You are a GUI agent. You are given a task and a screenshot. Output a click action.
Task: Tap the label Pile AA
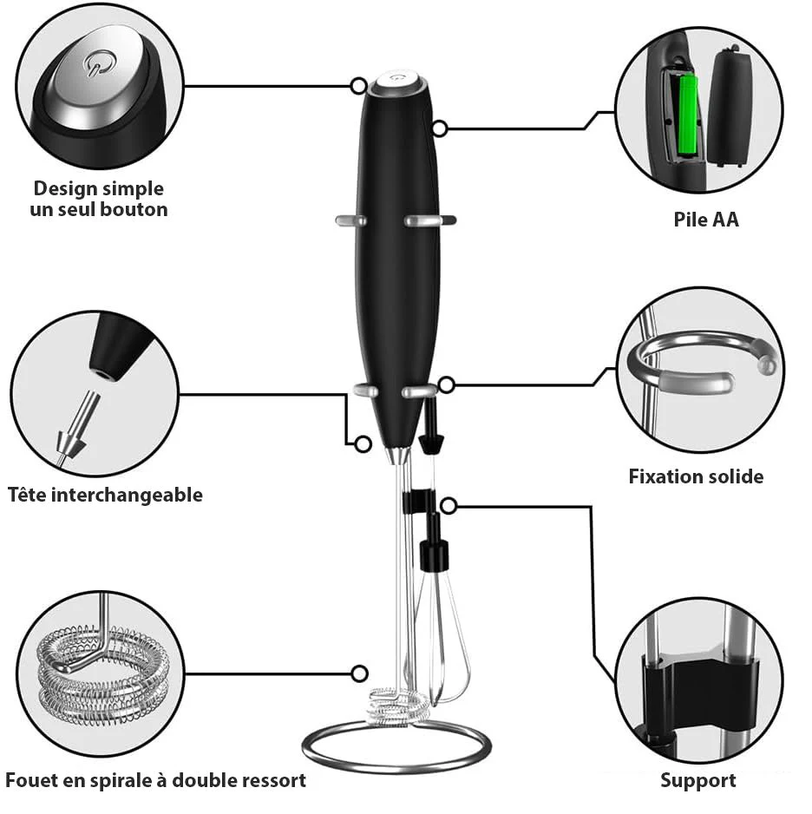click(705, 219)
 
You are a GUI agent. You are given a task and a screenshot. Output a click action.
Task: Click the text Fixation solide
click(696, 476)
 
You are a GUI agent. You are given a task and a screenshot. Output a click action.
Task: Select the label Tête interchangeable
click(105, 495)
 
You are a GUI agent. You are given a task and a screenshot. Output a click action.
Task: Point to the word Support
click(698, 781)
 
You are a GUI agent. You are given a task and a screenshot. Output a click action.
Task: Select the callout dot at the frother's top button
click(358, 86)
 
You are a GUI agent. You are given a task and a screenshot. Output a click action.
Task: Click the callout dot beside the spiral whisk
click(359, 673)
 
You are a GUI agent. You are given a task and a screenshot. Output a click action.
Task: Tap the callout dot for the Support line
click(449, 506)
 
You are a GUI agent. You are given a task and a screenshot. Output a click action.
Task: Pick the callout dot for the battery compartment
click(440, 128)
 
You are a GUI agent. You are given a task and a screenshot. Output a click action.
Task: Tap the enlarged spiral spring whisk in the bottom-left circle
click(102, 673)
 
